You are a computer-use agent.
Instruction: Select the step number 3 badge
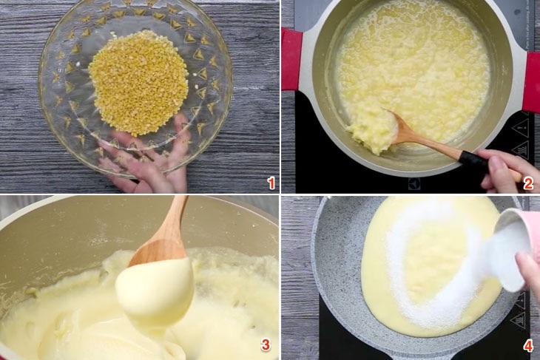tap(265, 344)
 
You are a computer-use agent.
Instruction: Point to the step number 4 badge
tap(528, 344)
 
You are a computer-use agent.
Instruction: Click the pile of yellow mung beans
tap(138, 81)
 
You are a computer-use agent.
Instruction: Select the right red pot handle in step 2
tap(532, 81)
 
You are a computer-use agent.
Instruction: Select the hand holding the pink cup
tap(530, 274)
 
